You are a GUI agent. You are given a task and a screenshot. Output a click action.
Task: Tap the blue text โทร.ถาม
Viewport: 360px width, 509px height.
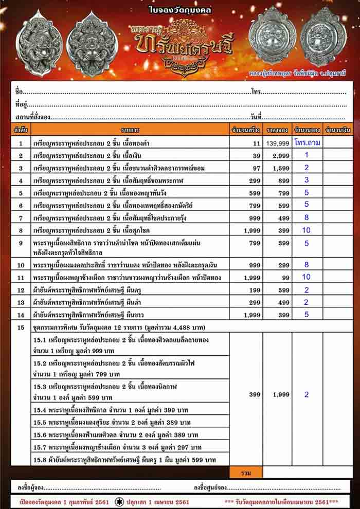click(x=308, y=143)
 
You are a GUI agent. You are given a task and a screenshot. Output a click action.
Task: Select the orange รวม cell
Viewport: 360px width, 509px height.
click(x=246, y=472)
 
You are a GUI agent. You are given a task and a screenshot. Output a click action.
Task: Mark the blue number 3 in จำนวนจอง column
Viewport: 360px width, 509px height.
click(x=307, y=180)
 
